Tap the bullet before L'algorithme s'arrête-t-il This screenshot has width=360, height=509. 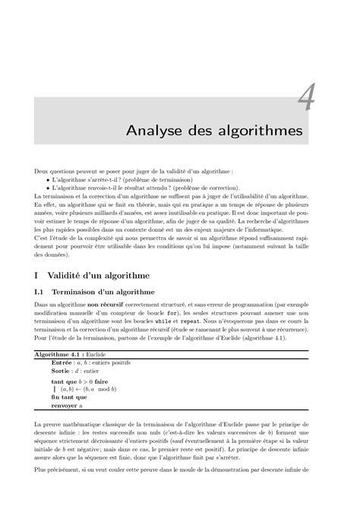48,180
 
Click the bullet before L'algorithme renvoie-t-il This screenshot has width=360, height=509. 48,188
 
